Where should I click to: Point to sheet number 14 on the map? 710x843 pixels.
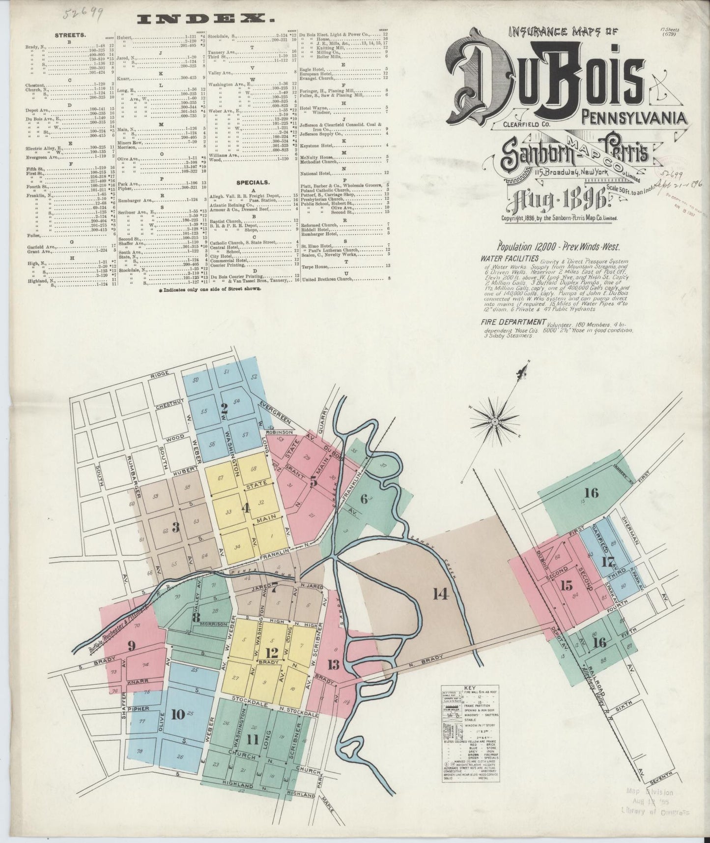point(441,594)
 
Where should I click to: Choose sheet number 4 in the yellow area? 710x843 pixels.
point(246,508)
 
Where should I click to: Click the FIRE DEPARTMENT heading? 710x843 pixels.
point(513,322)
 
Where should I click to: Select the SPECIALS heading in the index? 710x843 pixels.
point(251,182)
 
